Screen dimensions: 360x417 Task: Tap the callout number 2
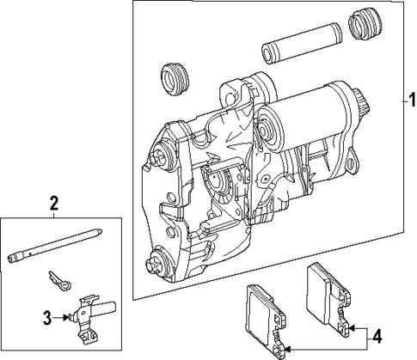(53, 204)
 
